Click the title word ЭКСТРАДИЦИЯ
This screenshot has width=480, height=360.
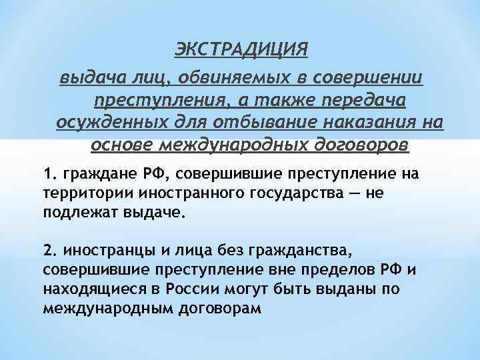(x=241, y=50)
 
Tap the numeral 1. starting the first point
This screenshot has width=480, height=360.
(x=49, y=175)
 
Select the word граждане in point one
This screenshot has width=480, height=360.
(x=93, y=175)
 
